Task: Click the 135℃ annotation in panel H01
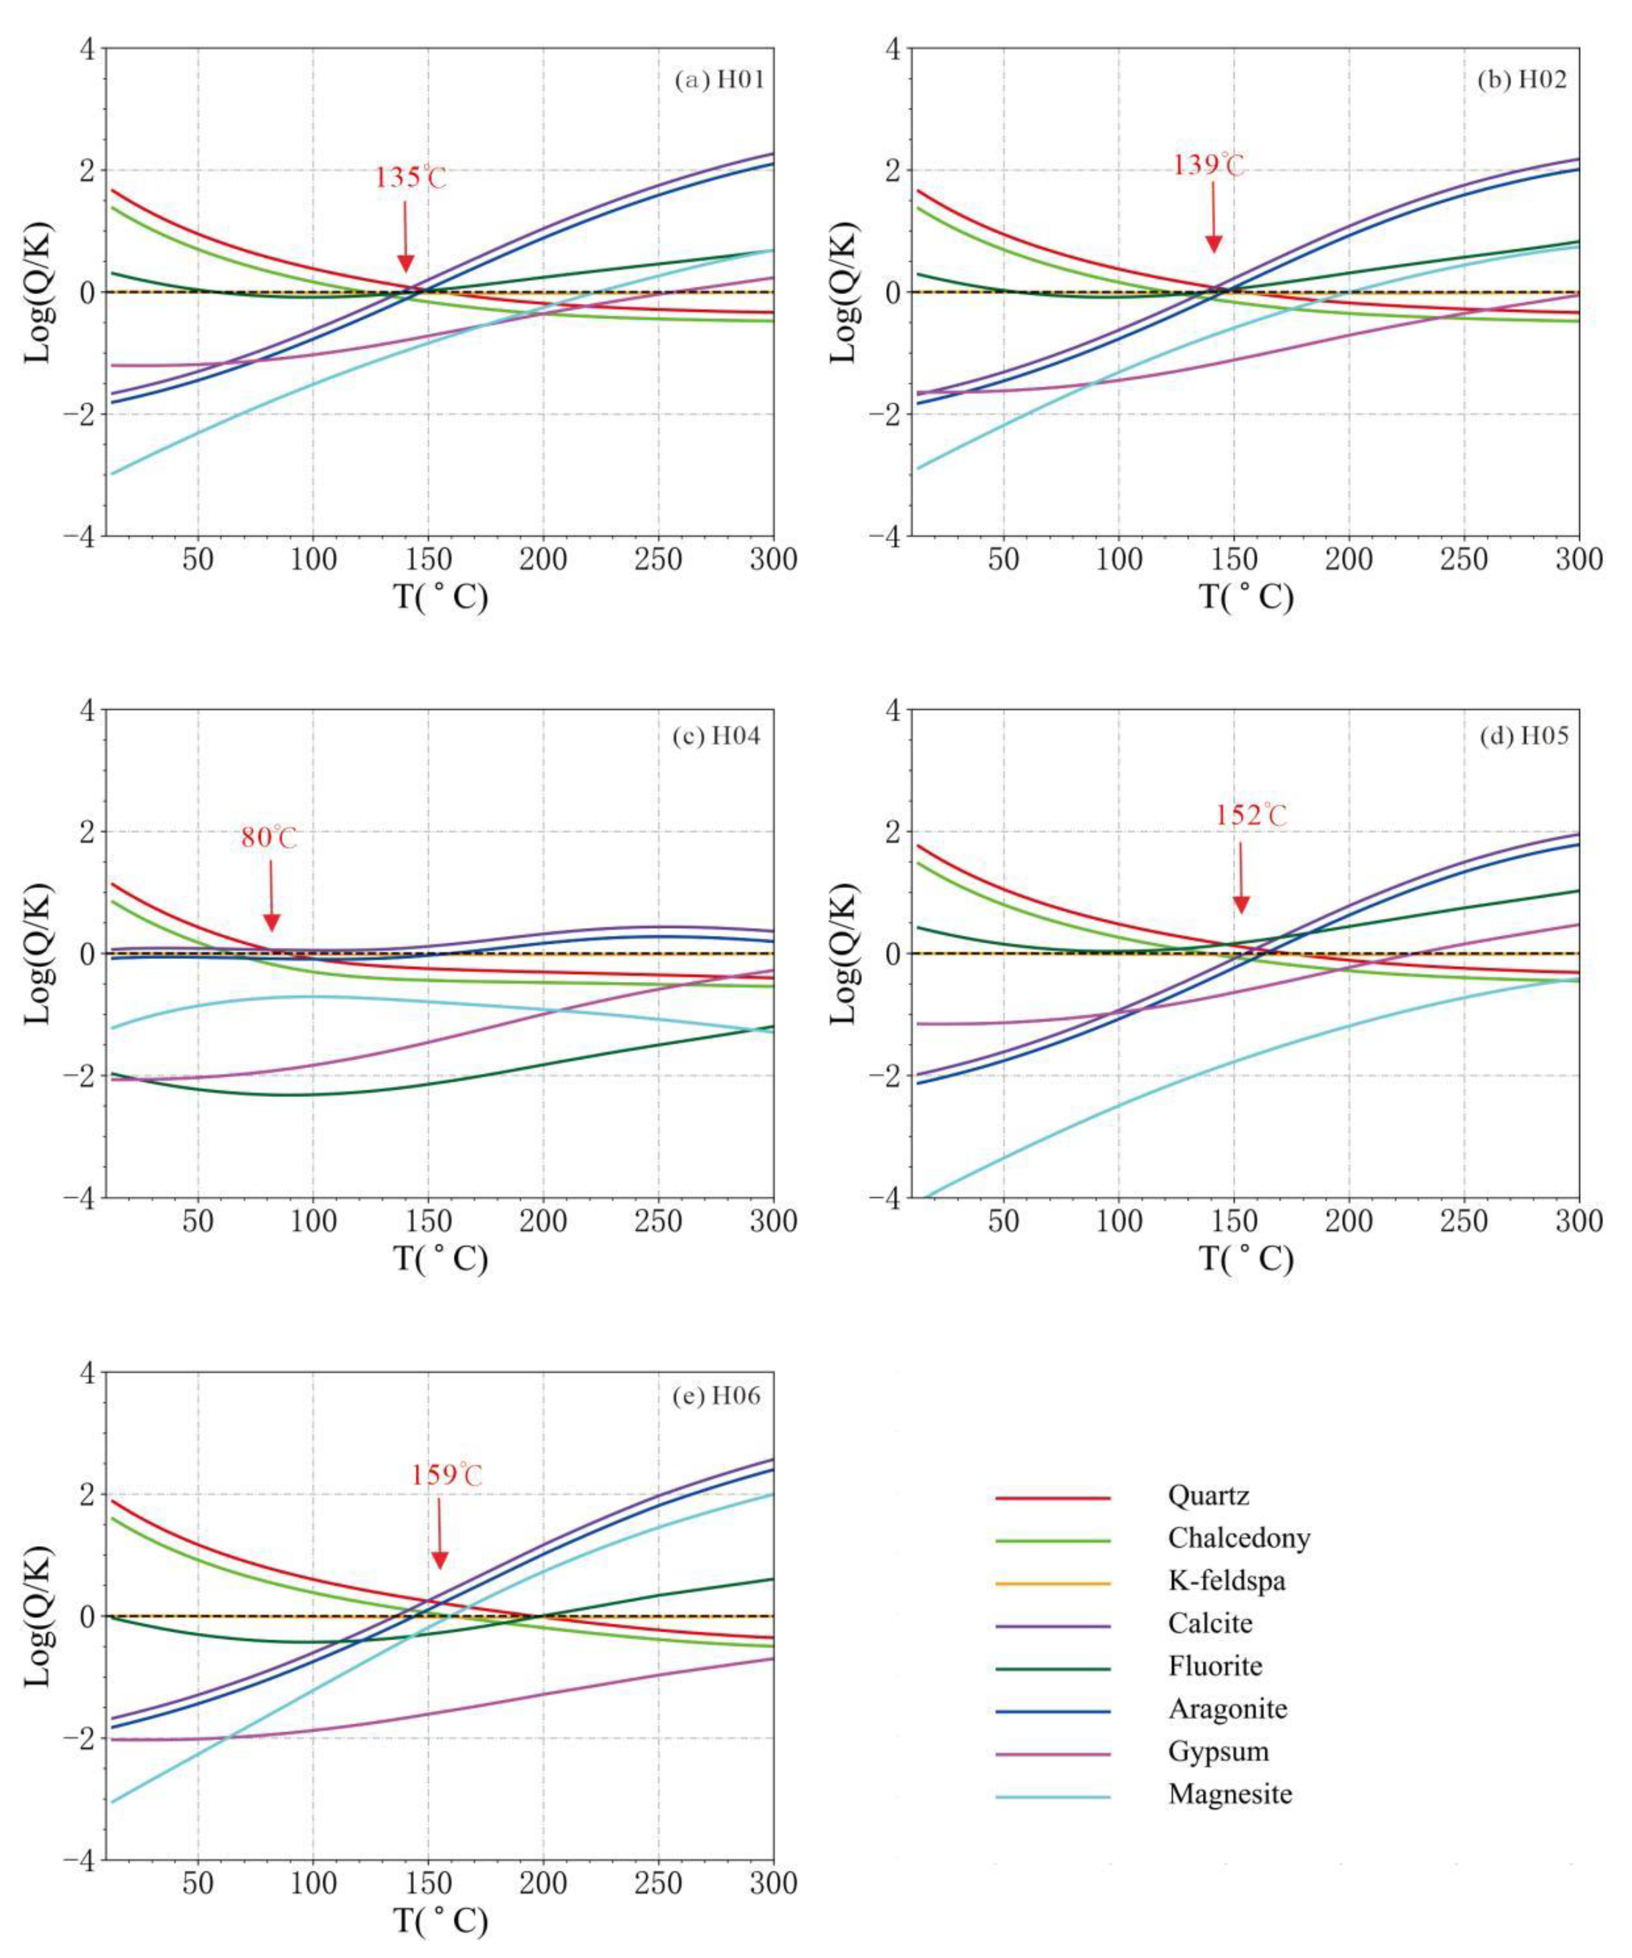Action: coord(410,177)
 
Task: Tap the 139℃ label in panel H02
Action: coord(1209,165)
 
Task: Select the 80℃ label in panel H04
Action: coord(269,837)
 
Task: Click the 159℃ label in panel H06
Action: coord(447,1475)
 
